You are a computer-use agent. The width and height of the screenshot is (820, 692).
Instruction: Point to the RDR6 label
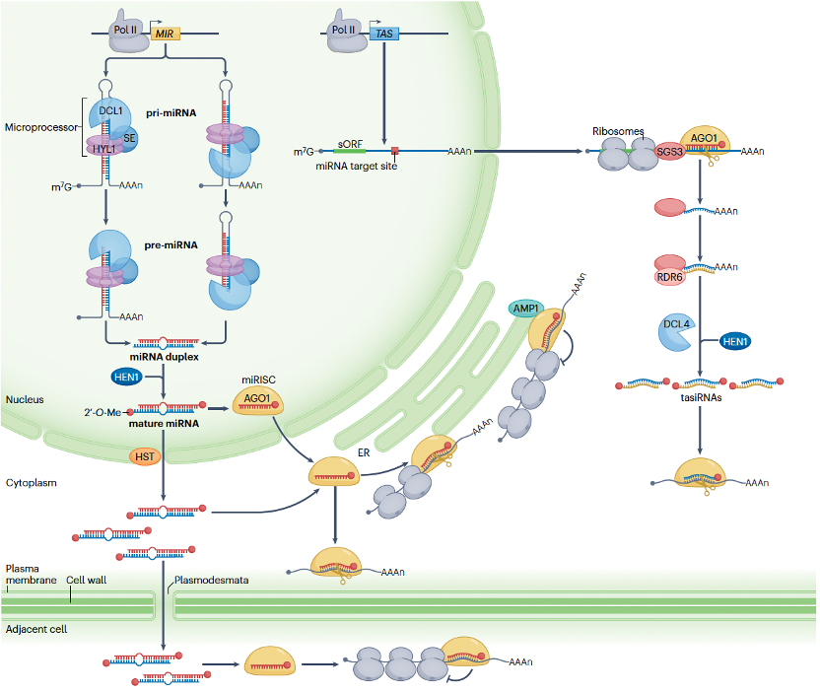(670, 277)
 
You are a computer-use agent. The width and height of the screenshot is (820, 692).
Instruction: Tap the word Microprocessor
(38, 127)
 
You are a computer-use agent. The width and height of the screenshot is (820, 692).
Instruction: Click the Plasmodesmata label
(211, 581)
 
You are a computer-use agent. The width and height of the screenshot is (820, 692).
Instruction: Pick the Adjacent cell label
(36, 629)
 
